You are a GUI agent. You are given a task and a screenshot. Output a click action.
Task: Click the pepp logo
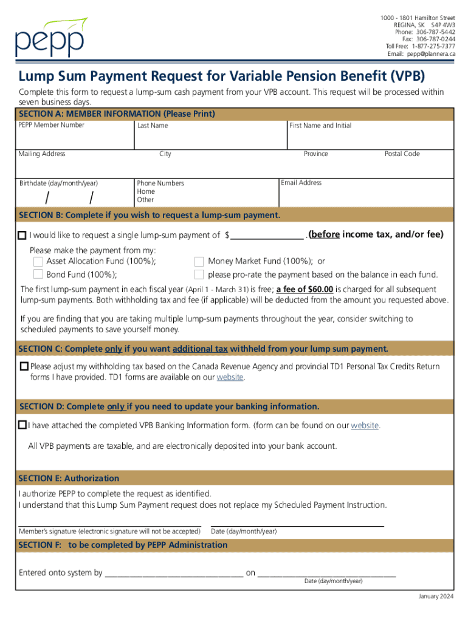click(x=52, y=38)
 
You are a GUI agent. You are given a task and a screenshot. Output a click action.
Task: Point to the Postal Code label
click(x=402, y=154)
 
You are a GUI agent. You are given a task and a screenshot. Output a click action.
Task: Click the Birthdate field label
click(x=58, y=183)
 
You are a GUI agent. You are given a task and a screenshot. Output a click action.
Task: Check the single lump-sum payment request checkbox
click(x=22, y=235)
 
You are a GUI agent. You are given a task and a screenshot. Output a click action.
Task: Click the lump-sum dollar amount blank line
click(x=267, y=236)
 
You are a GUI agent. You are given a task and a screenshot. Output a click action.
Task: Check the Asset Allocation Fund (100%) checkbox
click(x=38, y=261)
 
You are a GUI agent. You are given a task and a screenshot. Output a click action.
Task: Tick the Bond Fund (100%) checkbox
click(x=38, y=275)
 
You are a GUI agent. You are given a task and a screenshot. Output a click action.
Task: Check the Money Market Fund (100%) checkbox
click(x=199, y=261)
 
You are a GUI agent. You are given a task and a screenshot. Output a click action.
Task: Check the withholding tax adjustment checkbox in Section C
click(x=24, y=367)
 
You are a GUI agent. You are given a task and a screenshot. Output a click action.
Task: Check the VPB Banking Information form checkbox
click(x=22, y=425)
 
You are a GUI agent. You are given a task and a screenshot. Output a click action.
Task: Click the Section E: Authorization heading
click(x=69, y=478)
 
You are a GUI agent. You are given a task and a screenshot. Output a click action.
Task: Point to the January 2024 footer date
click(x=436, y=596)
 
